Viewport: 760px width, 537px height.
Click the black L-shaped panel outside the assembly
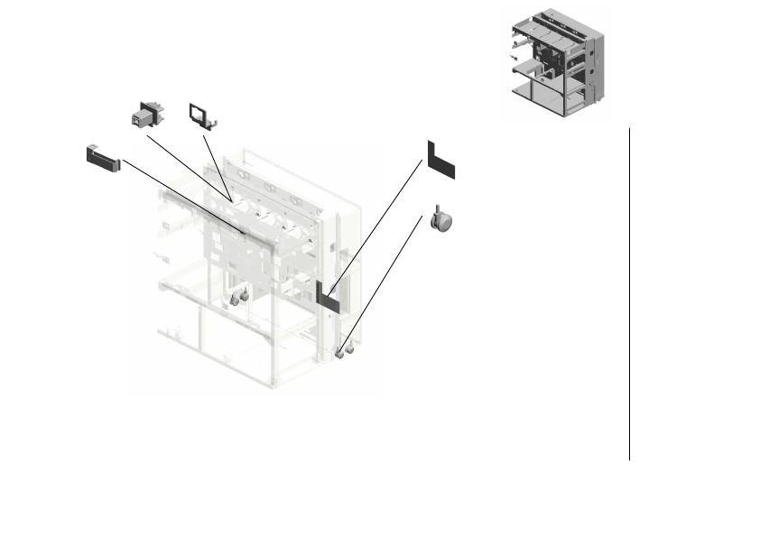440,159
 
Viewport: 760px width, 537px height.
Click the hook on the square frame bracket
216,118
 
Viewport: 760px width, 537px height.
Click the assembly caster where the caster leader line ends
341,353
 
